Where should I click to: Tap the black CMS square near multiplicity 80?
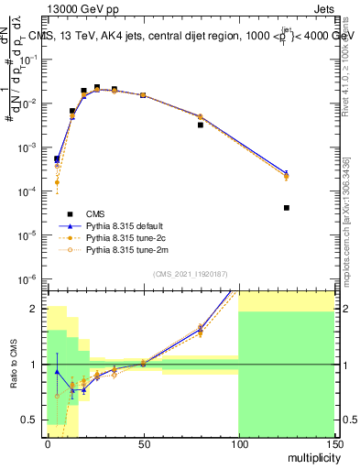[x=200, y=125]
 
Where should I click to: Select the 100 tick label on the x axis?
[x=238, y=443]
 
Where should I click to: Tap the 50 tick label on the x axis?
[x=143, y=443]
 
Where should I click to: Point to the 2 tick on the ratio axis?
[x=35, y=309]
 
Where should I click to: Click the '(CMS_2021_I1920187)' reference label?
[x=190, y=273]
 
